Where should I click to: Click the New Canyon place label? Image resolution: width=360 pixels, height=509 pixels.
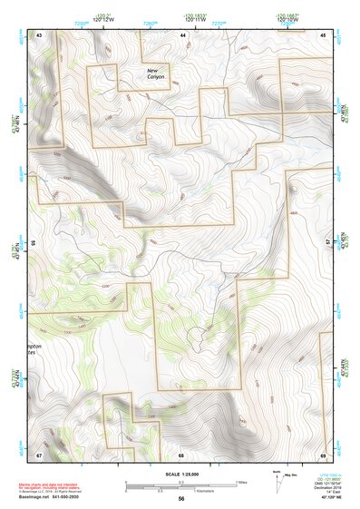point(159,73)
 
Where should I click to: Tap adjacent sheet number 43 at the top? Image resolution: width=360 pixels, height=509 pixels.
point(39,34)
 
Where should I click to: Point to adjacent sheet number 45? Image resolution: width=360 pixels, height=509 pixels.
point(324,34)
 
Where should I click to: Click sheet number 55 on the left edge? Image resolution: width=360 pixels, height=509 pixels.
point(34,243)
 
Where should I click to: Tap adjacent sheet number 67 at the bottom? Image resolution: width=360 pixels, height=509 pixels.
point(39,454)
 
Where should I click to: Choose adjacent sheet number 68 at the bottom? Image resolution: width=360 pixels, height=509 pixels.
point(181,454)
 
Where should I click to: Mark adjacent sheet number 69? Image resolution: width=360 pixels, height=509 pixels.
point(323,454)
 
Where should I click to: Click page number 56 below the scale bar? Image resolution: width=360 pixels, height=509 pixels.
point(181,498)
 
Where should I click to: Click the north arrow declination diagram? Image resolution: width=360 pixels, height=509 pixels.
point(277,483)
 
